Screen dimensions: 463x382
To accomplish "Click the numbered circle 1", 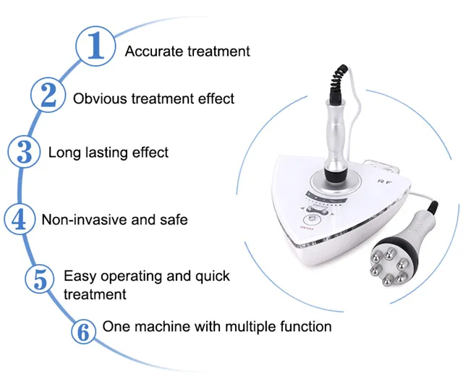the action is (95, 46).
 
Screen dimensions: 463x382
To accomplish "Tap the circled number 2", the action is (48, 95).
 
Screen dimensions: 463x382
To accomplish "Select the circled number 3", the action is (24, 153).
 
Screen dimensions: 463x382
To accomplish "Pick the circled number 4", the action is (20, 220).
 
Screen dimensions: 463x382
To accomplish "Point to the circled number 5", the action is (40, 279).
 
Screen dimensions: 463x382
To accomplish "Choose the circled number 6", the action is (84, 331).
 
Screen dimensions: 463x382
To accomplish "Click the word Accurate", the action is (154, 51).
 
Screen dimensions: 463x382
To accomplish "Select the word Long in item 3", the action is (64, 153).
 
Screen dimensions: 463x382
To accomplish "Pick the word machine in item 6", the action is (163, 327).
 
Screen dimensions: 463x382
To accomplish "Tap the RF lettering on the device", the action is (384, 182).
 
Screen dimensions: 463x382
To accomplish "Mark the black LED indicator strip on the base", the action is (326, 199).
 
